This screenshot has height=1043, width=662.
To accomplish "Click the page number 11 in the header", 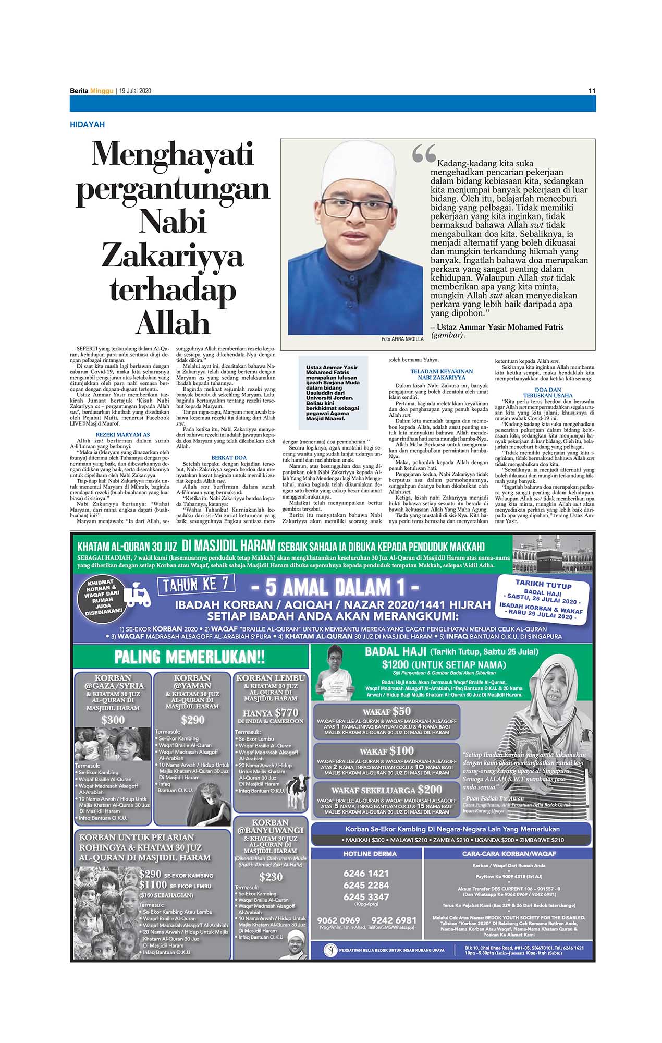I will point(592,91).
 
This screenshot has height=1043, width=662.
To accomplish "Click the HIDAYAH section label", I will point(87,125).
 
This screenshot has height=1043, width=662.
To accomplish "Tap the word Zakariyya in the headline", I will point(173,256).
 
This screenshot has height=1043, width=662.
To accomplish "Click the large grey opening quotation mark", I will point(423,154).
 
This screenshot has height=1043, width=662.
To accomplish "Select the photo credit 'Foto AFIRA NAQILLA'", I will point(402,339).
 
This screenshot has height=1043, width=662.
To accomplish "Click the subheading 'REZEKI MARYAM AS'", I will point(122,434).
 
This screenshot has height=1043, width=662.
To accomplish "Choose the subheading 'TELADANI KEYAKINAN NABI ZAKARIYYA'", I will point(441,374).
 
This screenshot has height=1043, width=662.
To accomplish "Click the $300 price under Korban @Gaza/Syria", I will point(113,720).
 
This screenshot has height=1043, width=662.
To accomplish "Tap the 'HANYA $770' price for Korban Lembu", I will point(271,712).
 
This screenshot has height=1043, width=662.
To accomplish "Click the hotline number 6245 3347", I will point(366,896).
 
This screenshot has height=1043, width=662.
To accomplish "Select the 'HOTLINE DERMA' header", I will point(366,854).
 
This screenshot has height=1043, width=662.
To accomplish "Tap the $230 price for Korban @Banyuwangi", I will point(271,877).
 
